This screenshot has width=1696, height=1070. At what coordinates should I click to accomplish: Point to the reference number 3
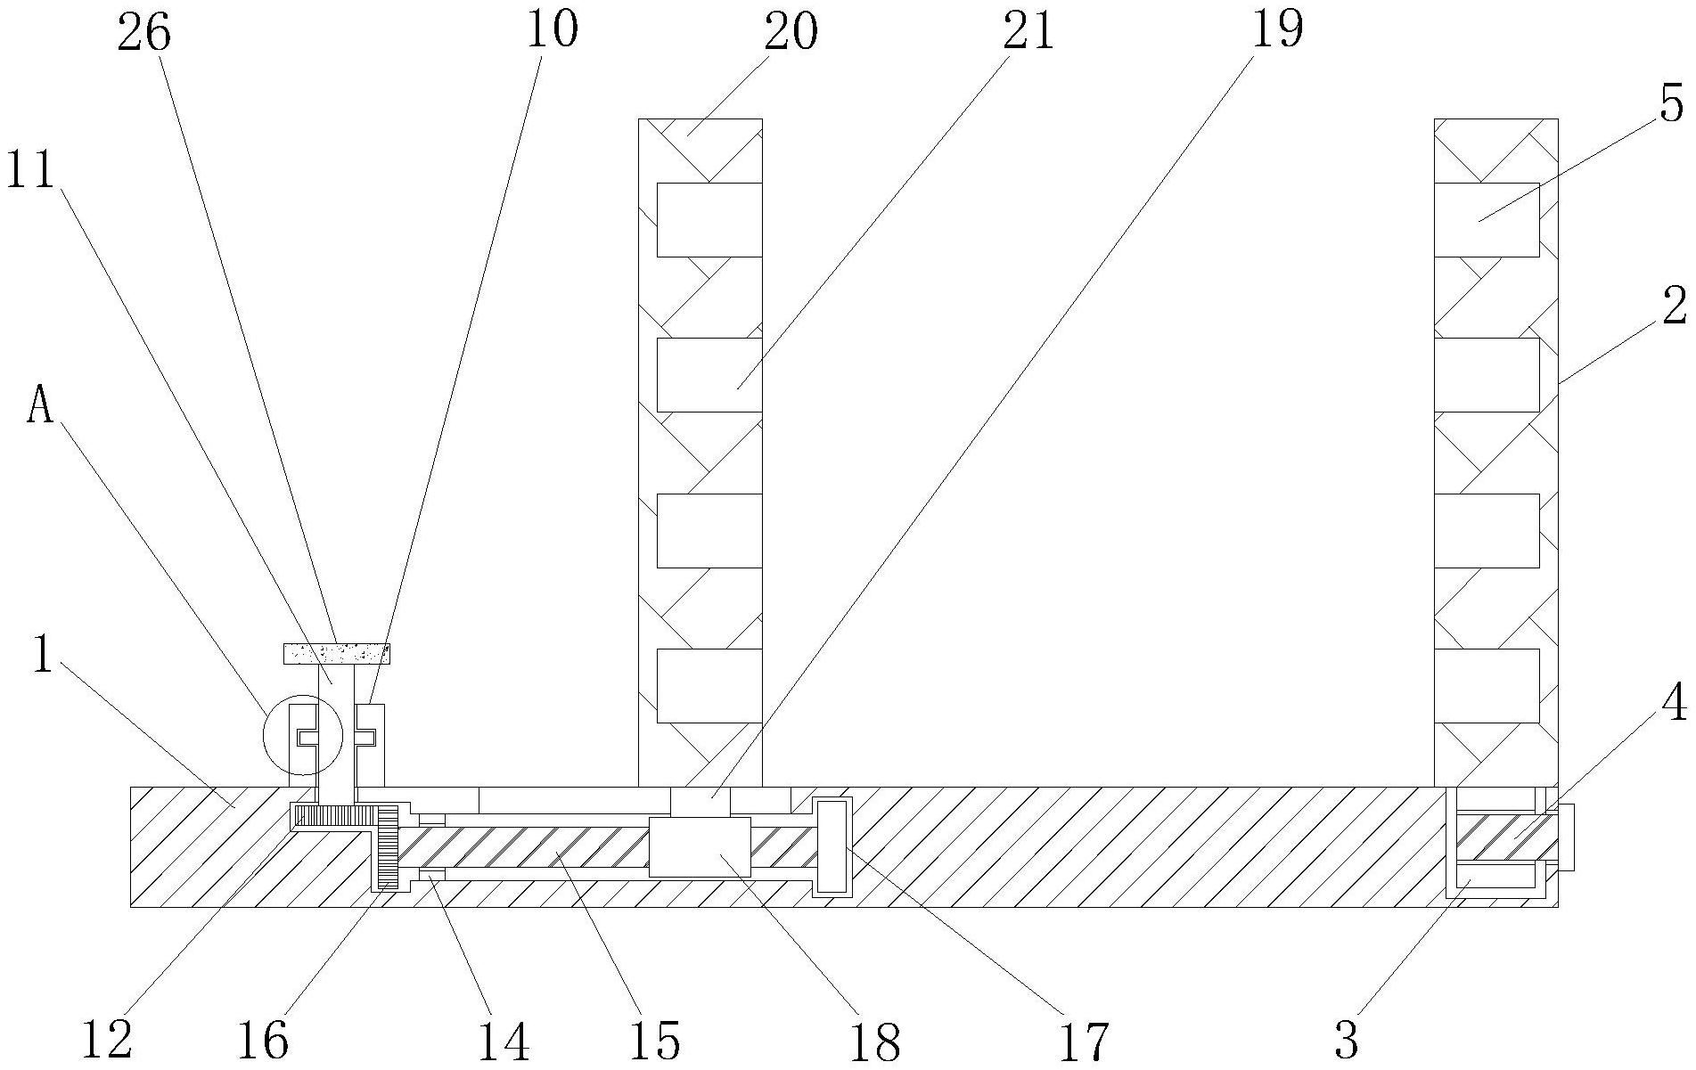tap(1346, 1039)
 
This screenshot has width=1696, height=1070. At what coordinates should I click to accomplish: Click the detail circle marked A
tap(303, 736)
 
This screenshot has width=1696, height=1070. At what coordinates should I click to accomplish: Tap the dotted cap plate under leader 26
tap(337, 654)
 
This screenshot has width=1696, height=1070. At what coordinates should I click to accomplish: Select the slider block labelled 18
tap(700, 846)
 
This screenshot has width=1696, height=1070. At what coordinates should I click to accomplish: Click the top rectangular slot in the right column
tap(1487, 219)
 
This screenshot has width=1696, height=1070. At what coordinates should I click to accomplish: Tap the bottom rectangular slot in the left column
tap(709, 685)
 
